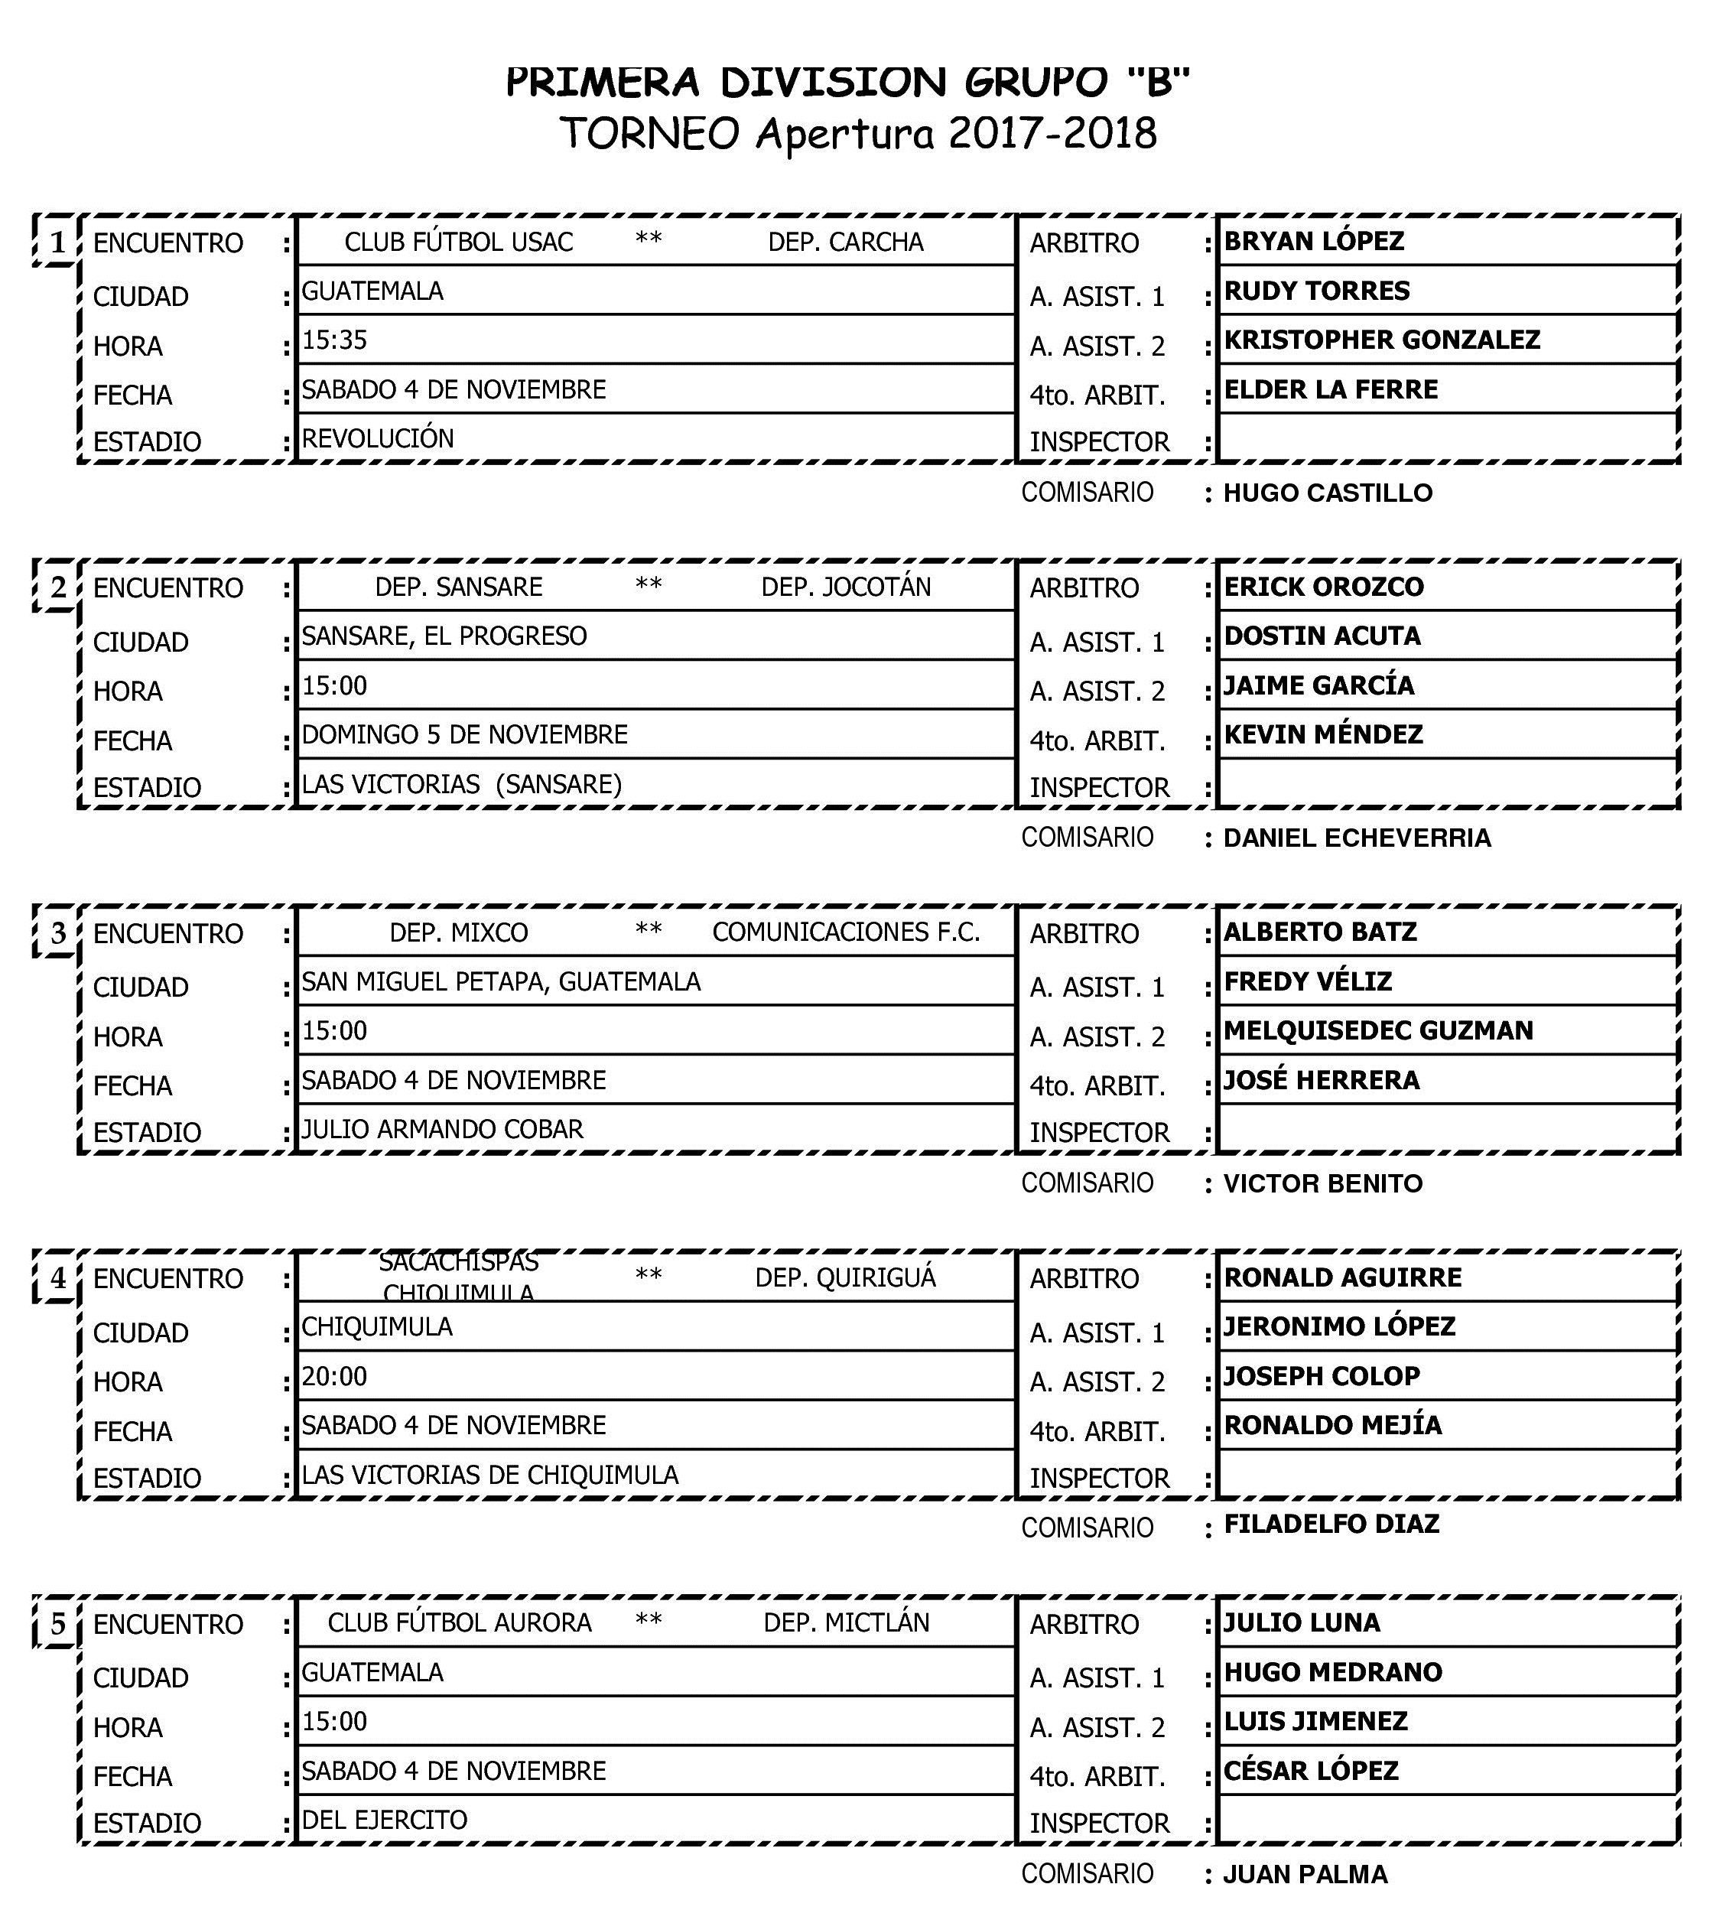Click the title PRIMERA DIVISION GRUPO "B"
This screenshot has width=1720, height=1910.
point(847,83)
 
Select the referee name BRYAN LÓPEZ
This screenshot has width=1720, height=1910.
point(1314,241)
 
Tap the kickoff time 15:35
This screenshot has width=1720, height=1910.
point(334,340)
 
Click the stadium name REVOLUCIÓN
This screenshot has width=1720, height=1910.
point(377,438)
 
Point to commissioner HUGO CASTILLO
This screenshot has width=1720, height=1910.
point(1327,493)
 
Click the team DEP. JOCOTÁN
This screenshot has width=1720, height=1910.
point(846,587)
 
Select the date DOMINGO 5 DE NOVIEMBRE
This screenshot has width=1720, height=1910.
point(464,734)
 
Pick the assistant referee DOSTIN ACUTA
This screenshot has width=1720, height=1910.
point(1322,636)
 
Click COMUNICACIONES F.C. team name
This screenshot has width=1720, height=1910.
point(846,932)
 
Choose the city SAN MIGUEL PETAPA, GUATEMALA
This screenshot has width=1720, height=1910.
point(501,982)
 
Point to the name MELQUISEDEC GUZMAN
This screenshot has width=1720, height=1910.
point(1378,1030)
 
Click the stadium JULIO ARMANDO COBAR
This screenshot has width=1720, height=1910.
point(442,1129)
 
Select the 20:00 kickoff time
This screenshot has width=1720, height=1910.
point(334,1376)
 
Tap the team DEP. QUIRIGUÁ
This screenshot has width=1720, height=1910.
point(845,1277)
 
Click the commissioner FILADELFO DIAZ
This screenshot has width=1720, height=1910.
point(1331,1524)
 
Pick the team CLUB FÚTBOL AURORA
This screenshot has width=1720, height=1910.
point(460,1622)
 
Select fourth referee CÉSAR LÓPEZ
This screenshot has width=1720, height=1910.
point(1310,1770)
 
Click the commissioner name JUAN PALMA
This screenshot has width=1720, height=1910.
point(1305,1874)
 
